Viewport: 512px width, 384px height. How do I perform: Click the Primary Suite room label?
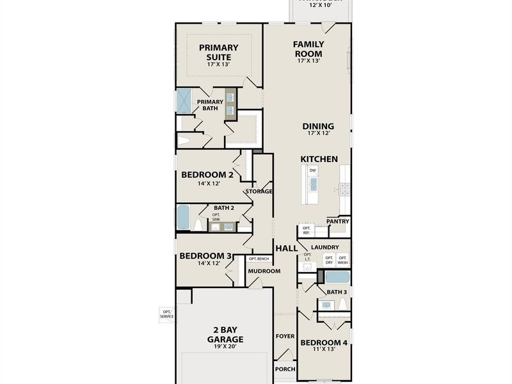point(218,51)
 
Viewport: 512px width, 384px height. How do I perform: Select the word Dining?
point(318,127)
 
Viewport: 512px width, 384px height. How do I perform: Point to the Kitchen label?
point(319,159)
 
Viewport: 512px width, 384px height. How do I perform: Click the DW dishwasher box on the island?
point(313,171)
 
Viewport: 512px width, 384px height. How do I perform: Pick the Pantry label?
point(337,221)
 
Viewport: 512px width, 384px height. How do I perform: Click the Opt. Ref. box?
point(306,230)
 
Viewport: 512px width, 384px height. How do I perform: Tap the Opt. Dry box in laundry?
point(329,260)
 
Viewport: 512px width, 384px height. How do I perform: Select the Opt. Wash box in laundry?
point(343,260)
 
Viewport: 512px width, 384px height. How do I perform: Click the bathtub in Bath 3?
point(337,278)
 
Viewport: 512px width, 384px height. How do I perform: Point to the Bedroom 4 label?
point(324,342)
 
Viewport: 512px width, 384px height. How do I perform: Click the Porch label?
point(285,369)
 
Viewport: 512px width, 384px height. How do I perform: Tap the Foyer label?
point(285,336)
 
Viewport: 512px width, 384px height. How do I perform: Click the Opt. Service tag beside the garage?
point(166,314)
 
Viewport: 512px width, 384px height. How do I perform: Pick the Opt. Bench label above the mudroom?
point(259,259)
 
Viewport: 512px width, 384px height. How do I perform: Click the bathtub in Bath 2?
point(183,218)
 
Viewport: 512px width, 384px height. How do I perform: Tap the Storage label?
point(259,191)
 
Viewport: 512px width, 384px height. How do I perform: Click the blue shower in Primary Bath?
point(184,100)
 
